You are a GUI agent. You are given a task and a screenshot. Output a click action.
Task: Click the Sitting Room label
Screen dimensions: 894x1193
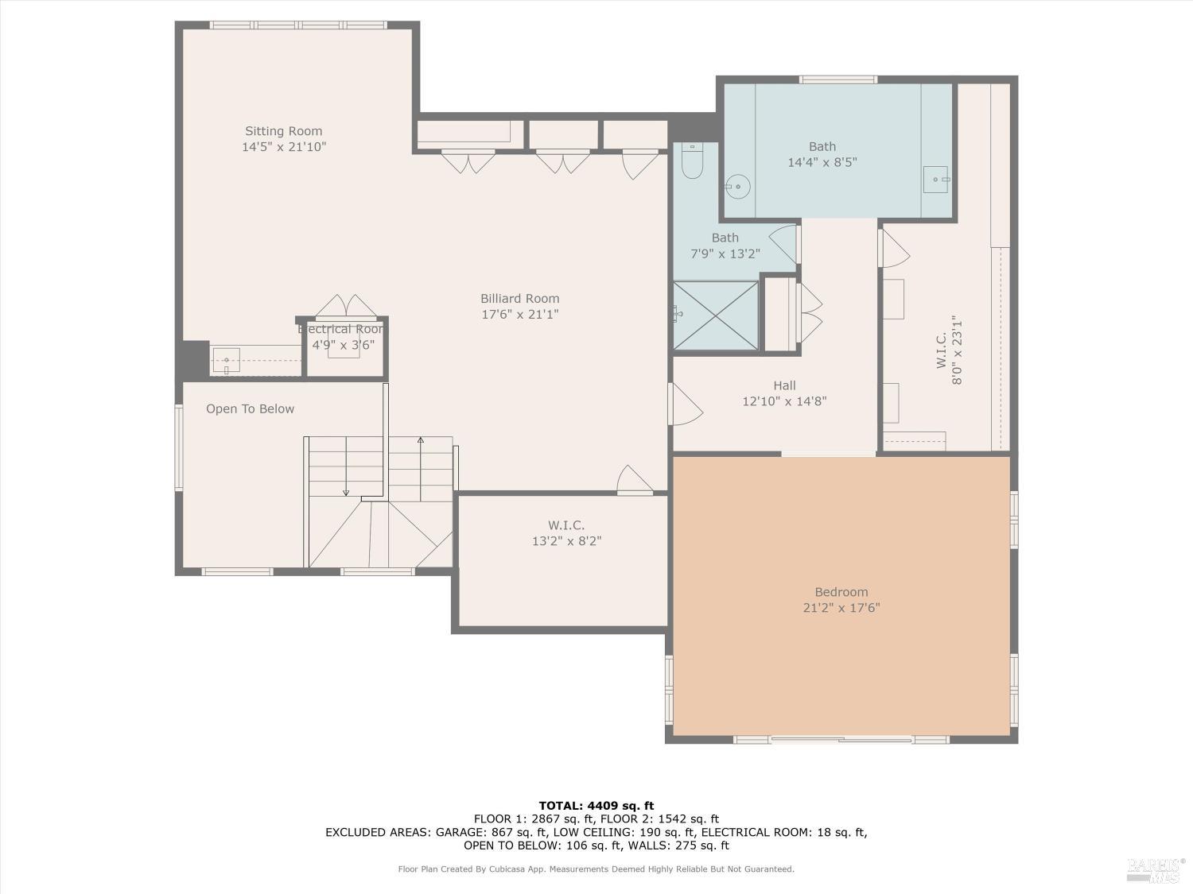click(283, 131)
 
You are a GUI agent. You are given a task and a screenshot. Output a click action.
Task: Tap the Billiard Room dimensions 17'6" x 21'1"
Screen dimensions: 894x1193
click(520, 315)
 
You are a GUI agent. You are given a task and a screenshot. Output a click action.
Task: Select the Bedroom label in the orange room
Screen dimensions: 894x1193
click(841, 592)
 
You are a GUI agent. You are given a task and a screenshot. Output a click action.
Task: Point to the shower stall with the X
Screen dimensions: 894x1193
click(716, 315)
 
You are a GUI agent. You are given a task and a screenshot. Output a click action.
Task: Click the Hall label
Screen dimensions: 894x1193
click(784, 385)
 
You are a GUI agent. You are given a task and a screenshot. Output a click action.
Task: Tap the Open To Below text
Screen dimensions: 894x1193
click(250, 408)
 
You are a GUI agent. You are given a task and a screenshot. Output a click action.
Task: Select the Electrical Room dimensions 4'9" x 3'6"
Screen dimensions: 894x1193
click(343, 345)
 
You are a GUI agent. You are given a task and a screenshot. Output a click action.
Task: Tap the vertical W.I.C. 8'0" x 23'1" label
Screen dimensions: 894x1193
click(950, 350)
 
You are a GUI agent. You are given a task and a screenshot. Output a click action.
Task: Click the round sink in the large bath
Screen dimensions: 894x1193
click(738, 187)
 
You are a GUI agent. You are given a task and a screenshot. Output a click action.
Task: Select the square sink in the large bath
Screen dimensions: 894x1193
click(936, 179)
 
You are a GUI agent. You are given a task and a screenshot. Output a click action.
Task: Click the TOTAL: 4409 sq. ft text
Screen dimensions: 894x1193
click(596, 805)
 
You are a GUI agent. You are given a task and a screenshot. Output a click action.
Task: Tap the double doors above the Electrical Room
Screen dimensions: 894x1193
click(347, 307)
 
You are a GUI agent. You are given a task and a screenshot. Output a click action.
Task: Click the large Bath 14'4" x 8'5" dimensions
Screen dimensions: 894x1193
click(822, 162)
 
